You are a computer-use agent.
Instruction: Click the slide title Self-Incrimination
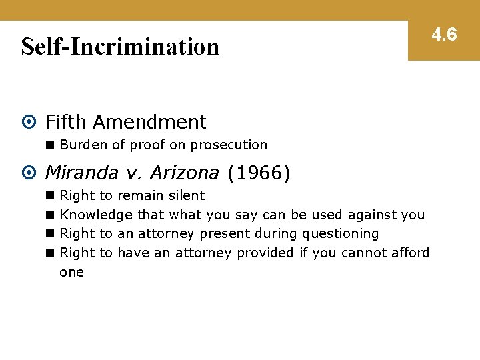[x=120, y=47]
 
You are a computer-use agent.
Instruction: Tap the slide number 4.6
[x=443, y=35]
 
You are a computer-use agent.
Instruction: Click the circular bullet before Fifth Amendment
[x=28, y=123]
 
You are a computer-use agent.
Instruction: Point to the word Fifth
[x=66, y=122]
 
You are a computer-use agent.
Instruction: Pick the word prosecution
[x=229, y=145]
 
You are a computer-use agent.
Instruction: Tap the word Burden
[x=79, y=145]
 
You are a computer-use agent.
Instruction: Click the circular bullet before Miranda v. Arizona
[x=28, y=173]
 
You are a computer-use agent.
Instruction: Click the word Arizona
[x=184, y=173]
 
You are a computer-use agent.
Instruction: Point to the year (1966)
[x=259, y=173]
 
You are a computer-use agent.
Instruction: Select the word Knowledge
[x=96, y=215]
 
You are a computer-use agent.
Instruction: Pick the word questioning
[x=340, y=234]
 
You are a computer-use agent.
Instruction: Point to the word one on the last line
[x=71, y=272]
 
